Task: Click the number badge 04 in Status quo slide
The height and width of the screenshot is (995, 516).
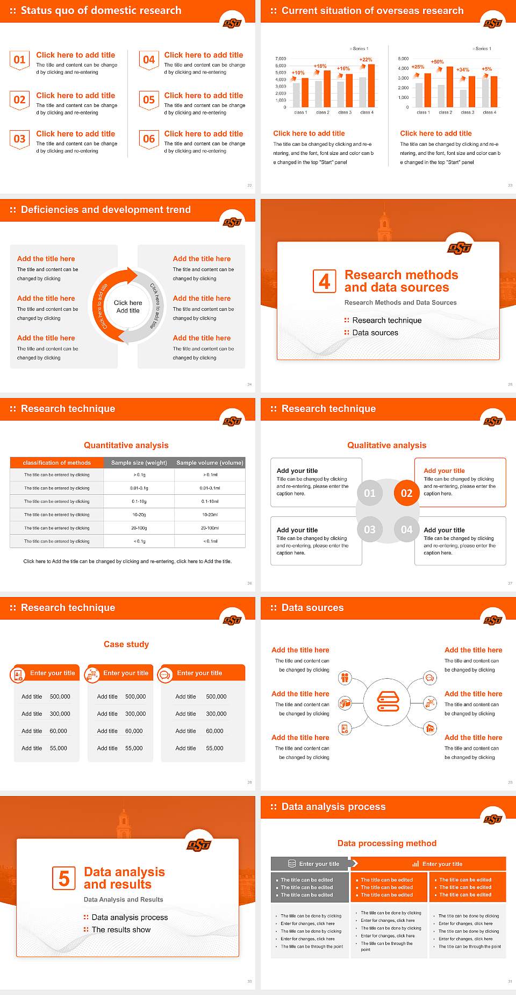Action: (x=149, y=60)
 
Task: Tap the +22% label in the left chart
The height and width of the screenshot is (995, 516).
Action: (x=365, y=60)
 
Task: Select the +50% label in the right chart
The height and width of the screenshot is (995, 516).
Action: (x=437, y=62)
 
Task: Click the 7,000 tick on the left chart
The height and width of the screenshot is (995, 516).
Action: (x=281, y=59)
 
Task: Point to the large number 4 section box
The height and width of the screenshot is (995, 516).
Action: (x=325, y=281)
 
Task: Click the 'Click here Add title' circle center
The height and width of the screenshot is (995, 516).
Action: (x=128, y=307)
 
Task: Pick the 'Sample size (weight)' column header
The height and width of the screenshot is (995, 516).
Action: (x=139, y=463)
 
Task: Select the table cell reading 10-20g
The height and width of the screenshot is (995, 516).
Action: (x=139, y=515)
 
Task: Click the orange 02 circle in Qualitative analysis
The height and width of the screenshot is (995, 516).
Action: (x=406, y=493)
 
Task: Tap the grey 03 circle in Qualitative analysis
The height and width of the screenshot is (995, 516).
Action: (x=370, y=529)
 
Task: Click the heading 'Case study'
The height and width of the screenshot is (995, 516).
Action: (x=126, y=644)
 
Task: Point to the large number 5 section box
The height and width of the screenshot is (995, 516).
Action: (x=64, y=878)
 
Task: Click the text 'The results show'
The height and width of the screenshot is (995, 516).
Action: (x=121, y=929)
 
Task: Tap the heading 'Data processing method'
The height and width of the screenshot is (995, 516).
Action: (x=387, y=843)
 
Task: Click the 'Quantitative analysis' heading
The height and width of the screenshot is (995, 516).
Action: (x=126, y=445)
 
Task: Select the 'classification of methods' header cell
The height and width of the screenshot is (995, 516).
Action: (x=57, y=463)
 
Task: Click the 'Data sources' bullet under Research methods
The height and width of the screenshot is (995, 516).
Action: (x=375, y=333)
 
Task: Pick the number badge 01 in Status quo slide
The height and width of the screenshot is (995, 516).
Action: (x=19, y=60)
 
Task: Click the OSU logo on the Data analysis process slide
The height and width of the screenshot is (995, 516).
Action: (x=492, y=819)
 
